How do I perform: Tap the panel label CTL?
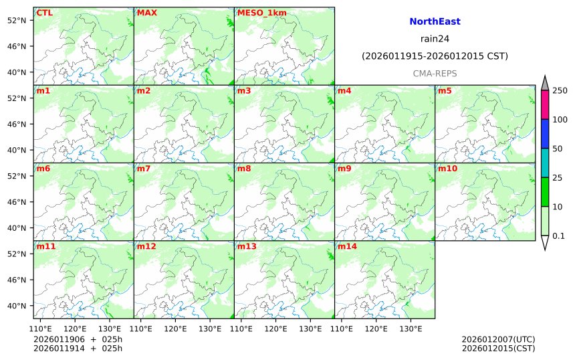pyautogui.click(x=44, y=13)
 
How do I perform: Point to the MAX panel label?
pyautogui.click(x=146, y=13)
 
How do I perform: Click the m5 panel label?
pyautogui.click(x=445, y=90)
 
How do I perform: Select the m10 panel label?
pyautogui.click(x=447, y=169)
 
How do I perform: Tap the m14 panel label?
pyautogui.click(x=347, y=246)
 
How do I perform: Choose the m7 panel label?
pyautogui.click(x=144, y=169)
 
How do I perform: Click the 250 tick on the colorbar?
pyautogui.click(x=560, y=90)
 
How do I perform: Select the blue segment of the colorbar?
pyautogui.click(x=545, y=134)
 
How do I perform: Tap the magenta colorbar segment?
pyautogui.click(x=545, y=105)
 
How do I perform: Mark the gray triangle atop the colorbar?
pyautogui.click(x=545, y=83)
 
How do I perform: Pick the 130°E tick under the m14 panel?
pyautogui.click(x=411, y=329)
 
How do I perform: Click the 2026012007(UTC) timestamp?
pyautogui.click(x=498, y=339)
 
